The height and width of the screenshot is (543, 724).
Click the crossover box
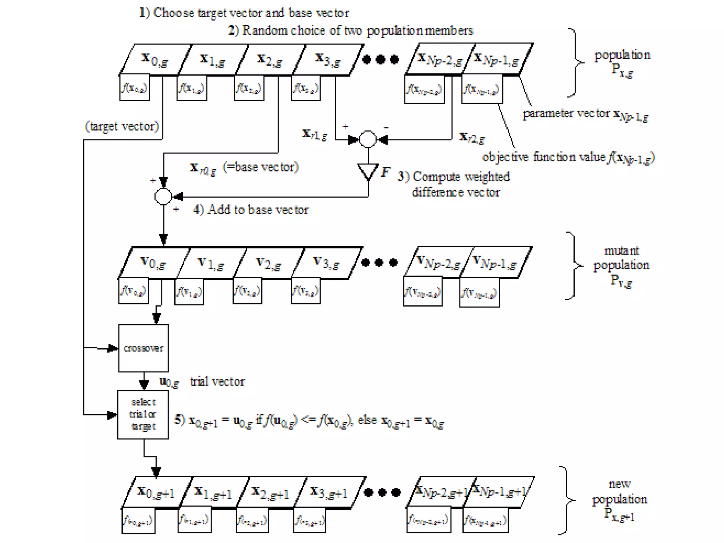click(x=143, y=348)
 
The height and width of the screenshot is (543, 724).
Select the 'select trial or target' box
click(x=143, y=415)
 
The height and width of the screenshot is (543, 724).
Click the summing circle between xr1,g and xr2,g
click(x=368, y=139)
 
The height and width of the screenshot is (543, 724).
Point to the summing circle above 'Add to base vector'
click(x=163, y=196)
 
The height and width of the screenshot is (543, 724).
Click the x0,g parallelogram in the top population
click(x=155, y=59)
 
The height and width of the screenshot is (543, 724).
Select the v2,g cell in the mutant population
click(x=269, y=263)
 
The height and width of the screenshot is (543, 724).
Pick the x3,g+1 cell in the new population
click(x=329, y=492)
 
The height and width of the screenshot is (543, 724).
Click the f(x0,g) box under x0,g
click(x=134, y=87)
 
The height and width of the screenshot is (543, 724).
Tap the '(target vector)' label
click(x=122, y=126)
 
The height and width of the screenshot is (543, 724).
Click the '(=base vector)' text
click(x=261, y=167)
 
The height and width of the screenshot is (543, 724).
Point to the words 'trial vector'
click(x=217, y=381)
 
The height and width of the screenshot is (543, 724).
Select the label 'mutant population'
click(x=621, y=258)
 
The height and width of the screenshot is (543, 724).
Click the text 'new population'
click(x=619, y=492)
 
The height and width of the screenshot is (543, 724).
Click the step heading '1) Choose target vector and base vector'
click(x=244, y=13)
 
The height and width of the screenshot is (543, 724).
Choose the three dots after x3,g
click(x=380, y=59)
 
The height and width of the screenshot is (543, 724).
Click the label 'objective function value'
click(x=544, y=157)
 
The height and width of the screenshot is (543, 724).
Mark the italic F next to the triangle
click(x=385, y=172)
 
